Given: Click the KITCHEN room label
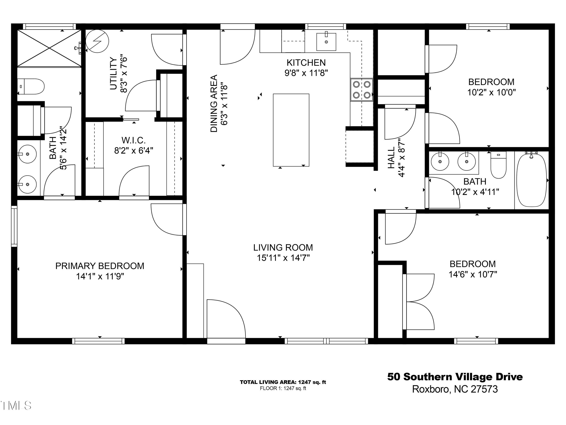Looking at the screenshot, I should (x=306, y=63).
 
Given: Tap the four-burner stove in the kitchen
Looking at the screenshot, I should (x=361, y=90).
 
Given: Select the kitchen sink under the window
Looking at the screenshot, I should (x=326, y=42).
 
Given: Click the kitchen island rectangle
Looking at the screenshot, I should (x=291, y=130).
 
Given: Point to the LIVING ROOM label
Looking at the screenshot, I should (x=283, y=247).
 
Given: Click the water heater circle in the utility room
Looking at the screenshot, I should (x=97, y=41).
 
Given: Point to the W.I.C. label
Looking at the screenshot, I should (x=134, y=140).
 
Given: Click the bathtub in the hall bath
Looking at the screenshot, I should (x=531, y=179).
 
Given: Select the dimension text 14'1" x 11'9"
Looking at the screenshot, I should (x=100, y=276).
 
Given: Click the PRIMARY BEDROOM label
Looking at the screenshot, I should (x=100, y=266).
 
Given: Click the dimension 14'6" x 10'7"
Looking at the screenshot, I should (x=473, y=274).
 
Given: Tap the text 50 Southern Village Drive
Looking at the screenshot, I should (x=455, y=377).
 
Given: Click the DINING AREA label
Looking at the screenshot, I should (x=214, y=103).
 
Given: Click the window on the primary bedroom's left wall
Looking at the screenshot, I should (x=14, y=226).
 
